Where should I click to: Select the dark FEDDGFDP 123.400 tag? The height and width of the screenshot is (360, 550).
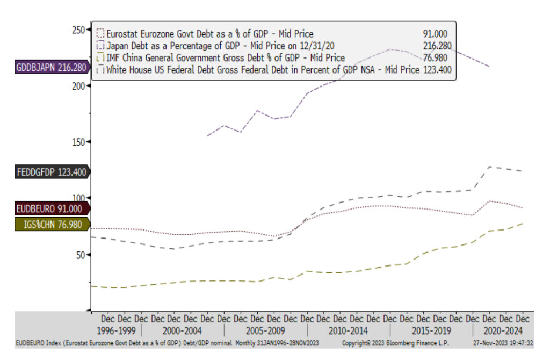(x=52, y=172)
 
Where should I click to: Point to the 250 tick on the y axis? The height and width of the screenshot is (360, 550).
(x=78, y=30)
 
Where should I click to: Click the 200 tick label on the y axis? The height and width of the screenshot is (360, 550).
(x=78, y=85)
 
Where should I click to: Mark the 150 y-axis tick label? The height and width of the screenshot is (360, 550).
(x=78, y=142)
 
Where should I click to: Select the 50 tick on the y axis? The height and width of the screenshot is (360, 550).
(x=80, y=254)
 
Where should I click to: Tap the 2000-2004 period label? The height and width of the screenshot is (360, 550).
(x=183, y=330)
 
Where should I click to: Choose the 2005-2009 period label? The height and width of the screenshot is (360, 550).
(x=266, y=330)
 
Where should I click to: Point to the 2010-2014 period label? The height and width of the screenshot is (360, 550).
(x=349, y=330)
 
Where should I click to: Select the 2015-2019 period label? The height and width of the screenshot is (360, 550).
(x=431, y=330)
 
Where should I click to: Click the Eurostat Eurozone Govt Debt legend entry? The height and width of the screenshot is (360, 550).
(x=209, y=34)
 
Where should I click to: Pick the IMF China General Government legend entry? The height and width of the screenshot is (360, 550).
(x=225, y=57)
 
